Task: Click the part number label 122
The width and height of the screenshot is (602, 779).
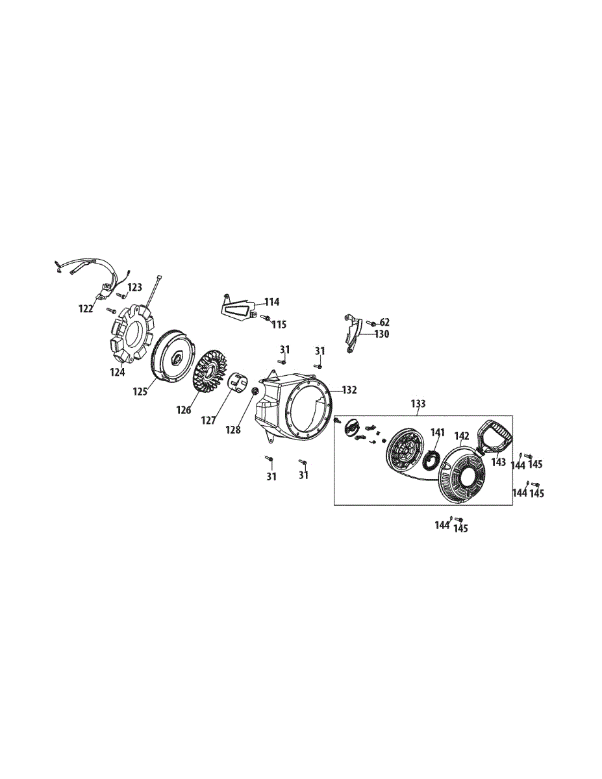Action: (x=86, y=309)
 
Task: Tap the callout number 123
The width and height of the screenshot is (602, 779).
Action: (x=134, y=286)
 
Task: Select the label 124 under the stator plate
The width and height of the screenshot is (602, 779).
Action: (x=118, y=372)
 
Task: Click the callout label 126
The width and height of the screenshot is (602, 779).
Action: (x=183, y=410)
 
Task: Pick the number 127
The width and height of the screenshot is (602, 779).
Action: (x=208, y=420)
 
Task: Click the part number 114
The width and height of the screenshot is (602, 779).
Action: (x=271, y=302)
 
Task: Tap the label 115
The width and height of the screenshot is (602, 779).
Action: (x=279, y=324)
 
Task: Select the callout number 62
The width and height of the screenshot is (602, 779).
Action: (x=384, y=322)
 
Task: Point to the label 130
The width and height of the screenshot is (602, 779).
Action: (x=381, y=334)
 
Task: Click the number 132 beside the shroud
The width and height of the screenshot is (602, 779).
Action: (x=349, y=390)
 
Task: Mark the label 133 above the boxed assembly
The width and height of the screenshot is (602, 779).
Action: (x=418, y=404)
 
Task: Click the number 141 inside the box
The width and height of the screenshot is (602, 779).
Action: (x=438, y=432)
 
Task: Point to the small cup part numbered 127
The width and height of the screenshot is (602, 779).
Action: (x=239, y=382)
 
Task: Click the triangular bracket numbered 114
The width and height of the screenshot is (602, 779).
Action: (x=236, y=310)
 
